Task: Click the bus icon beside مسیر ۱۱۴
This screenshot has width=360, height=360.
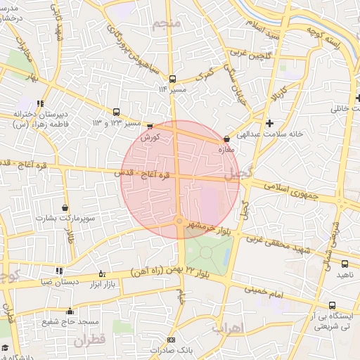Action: pos(173,79)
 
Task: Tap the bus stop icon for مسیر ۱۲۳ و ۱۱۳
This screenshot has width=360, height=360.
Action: pos(117,111)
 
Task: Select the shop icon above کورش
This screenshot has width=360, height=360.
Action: pos(150,126)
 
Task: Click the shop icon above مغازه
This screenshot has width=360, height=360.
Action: pos(226,139)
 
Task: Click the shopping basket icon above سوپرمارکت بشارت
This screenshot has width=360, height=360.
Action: pos(65,208)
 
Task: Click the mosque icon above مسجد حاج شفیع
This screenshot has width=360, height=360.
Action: pos(69,311)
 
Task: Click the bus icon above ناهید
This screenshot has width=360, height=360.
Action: pos(344,264)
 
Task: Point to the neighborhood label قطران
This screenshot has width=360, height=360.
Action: pos(88,339)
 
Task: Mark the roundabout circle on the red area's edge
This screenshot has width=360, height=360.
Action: pos(180,222)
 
